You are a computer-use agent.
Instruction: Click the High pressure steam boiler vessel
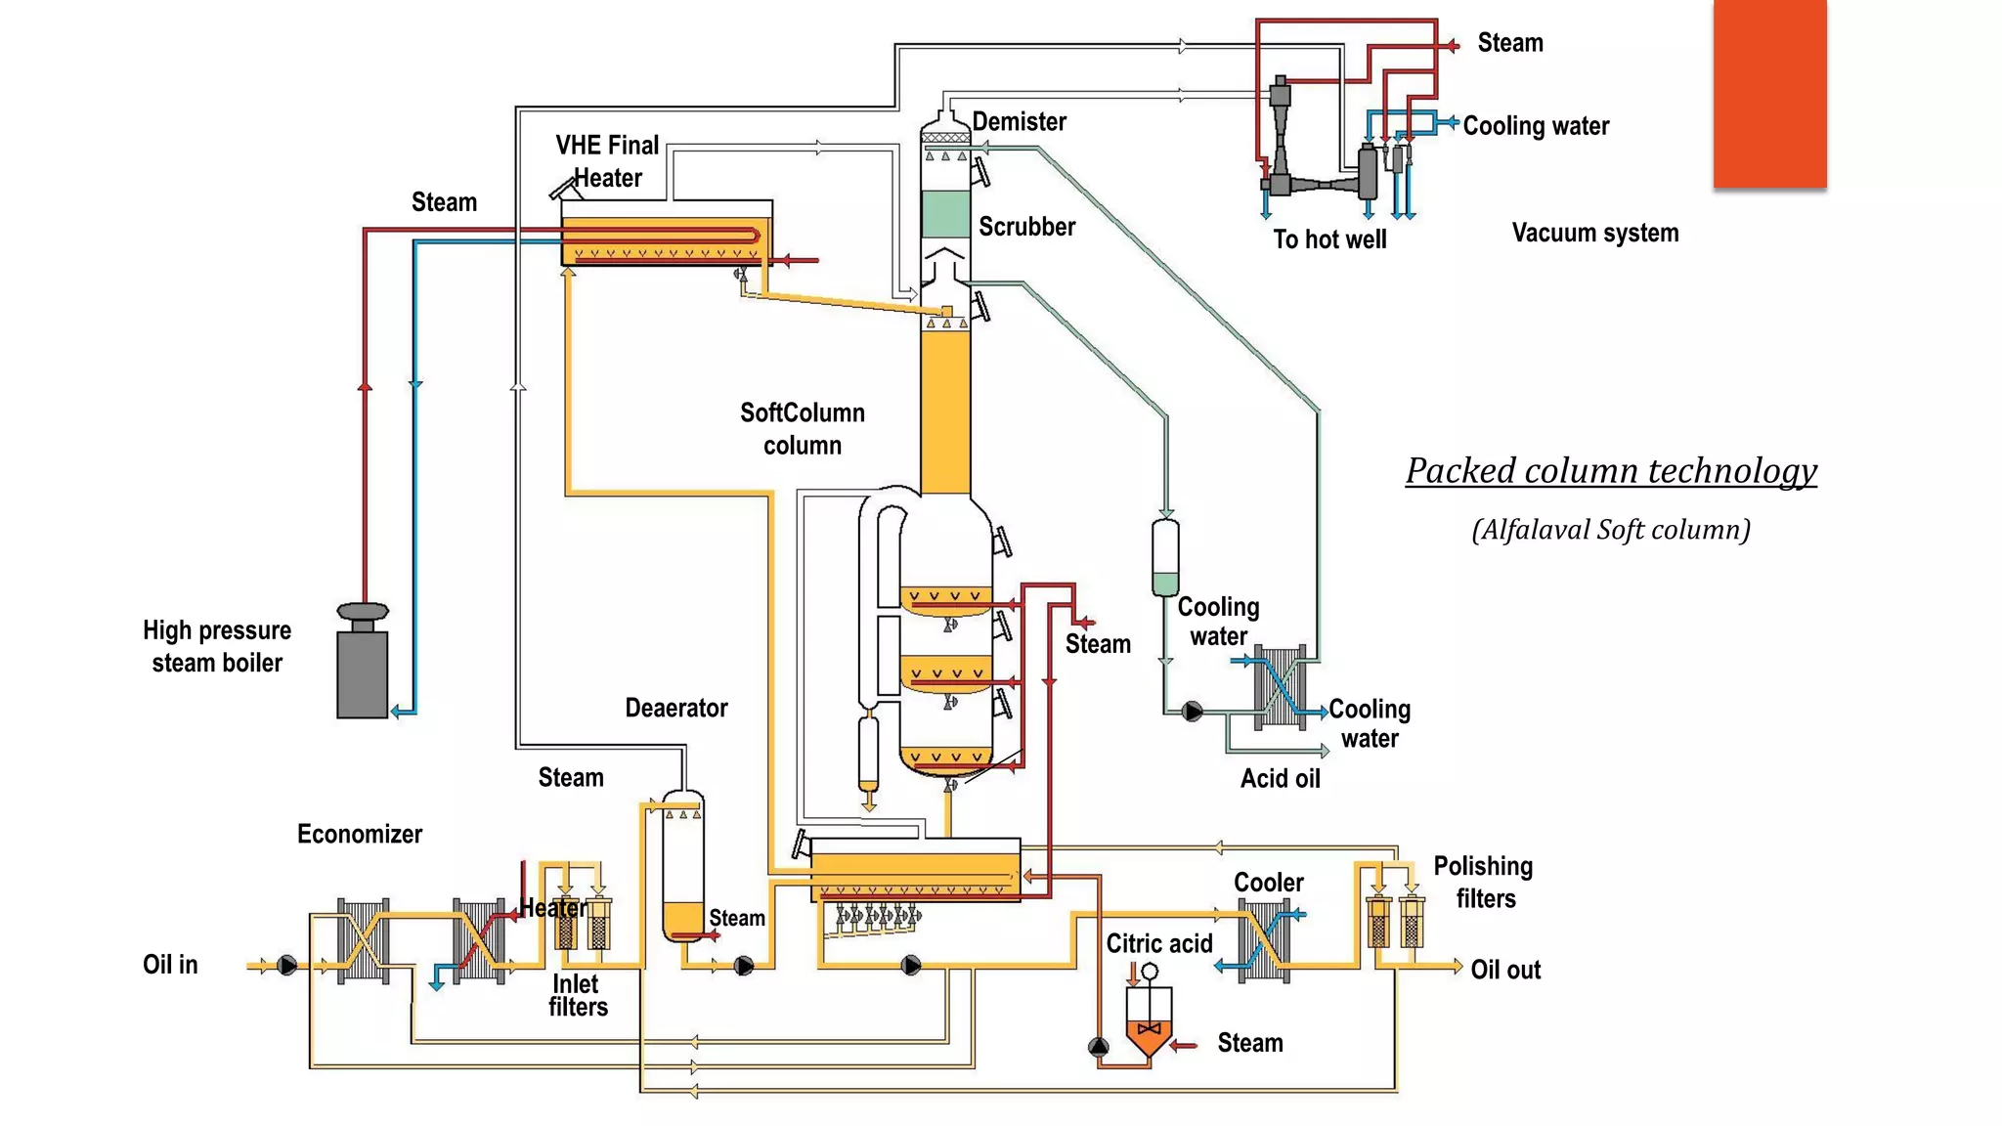(x=363, y=672)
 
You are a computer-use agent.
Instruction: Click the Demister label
(x=1019, y=122)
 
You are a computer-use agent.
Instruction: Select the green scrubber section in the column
(x=945, y=214)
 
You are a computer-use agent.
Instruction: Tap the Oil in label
(x=170, y=965)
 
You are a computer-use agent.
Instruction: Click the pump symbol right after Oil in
(x=286, y=966)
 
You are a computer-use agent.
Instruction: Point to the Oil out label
(x=1505, y=970)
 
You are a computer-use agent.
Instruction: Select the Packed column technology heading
(x=1611, y=471)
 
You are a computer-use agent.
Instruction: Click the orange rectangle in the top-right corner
(x=1769, y=94)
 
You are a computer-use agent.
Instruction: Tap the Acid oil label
(x=1280, y=779)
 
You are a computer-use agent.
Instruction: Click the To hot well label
(x=1329, y=239)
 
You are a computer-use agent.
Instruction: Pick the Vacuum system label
(x=1594, y=233)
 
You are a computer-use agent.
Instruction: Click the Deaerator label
(x=676, y=708)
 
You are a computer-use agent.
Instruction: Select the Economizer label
(x=360, y=834)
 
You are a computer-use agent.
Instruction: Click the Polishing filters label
(x=1483, y=882)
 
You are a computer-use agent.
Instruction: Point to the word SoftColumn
(x=802, y=412)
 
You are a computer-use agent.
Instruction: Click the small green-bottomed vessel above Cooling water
(x=1165, y=558)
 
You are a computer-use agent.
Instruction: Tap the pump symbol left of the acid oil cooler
(x=1193, y=712)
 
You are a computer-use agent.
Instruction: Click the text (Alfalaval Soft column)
(x=1611, y=530)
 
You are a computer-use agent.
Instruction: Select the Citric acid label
(x=1158, y=943)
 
